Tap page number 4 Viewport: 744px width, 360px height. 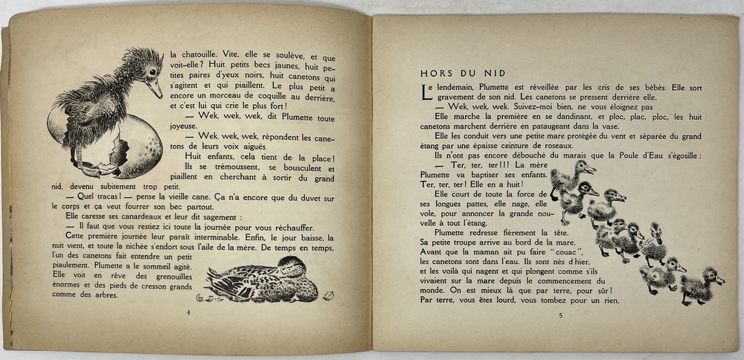tap(189, 312)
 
